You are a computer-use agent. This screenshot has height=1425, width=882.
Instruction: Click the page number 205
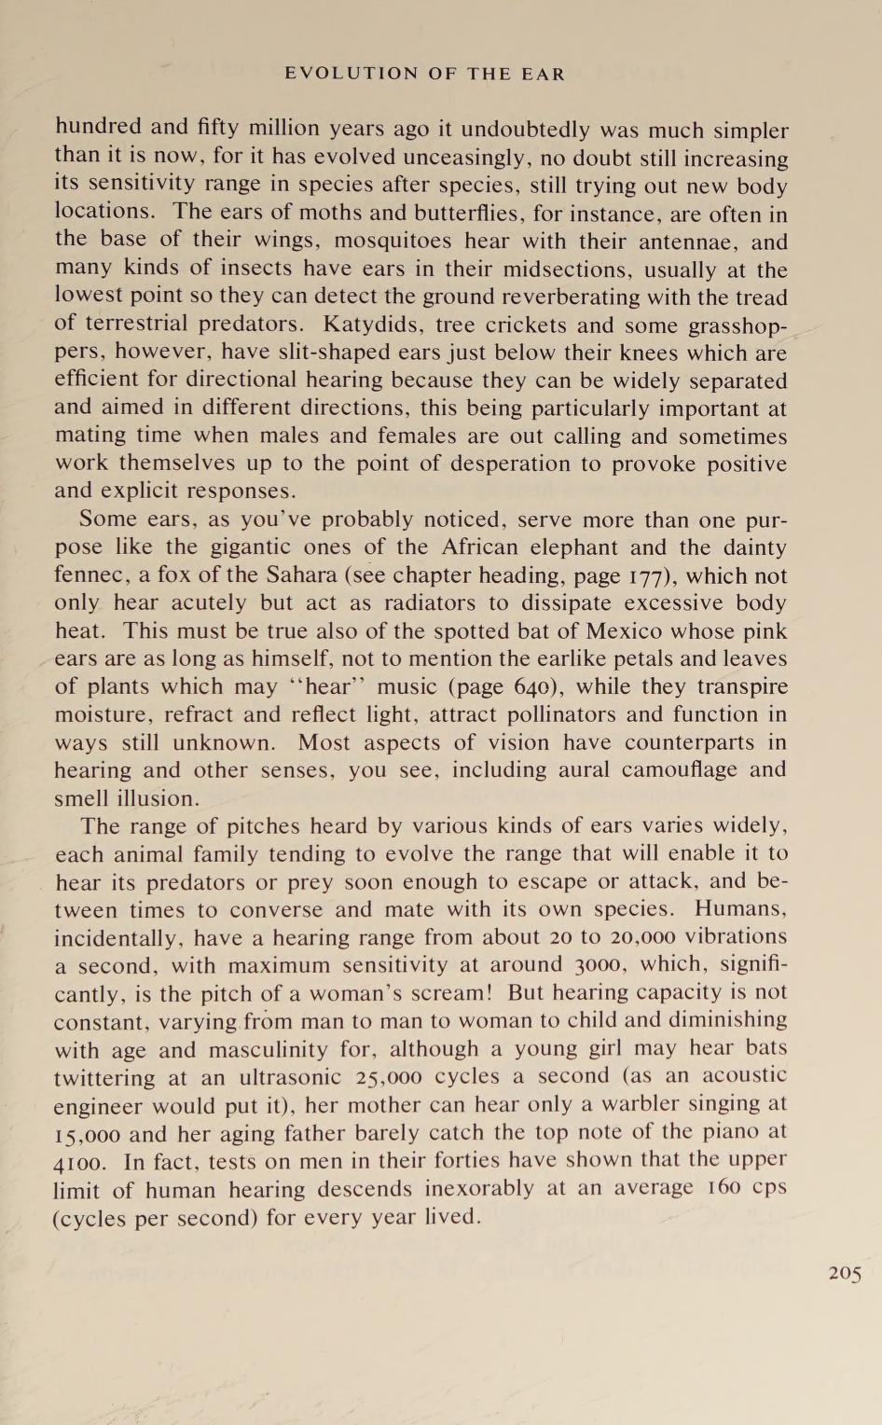click(x=845, y=1273)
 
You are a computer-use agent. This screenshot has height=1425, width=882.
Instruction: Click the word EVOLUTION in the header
click(x=351, y=74)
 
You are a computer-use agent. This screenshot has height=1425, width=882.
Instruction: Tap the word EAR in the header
click(x=544, y=74)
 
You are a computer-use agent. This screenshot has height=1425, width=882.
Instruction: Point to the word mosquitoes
click(x=393, y=242)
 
